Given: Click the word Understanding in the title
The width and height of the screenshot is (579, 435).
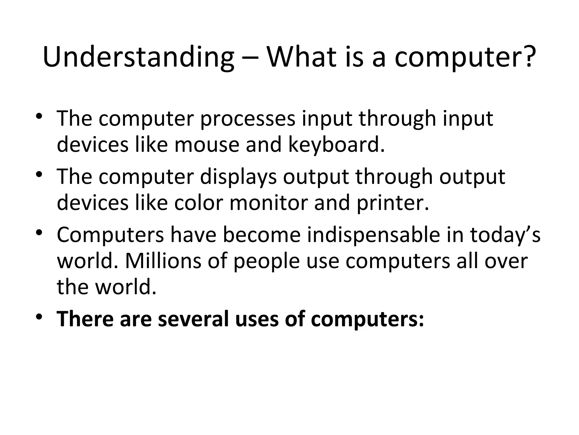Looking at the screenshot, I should pyautogui.click(x=138, y=58).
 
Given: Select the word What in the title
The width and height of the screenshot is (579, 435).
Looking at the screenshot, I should pyautogui.click(x=302, y=57).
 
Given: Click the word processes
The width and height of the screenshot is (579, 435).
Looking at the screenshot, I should pyautogui.click(x=248, y=119).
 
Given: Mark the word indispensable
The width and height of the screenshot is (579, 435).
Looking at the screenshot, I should pyautogui.click(x=373, y=235).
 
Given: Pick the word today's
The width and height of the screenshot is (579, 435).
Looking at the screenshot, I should pyautogui.click(x=505, y=235).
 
